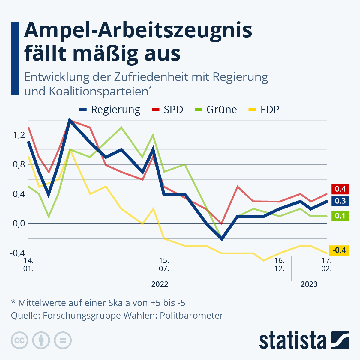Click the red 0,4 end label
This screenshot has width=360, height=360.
point(340,189)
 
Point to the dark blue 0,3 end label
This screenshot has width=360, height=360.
point(340,201)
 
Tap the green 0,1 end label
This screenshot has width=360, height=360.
point(340,216)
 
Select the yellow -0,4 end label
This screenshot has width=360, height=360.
point(339,250)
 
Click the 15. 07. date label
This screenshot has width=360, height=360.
point(164,264)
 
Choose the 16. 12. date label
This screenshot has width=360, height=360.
point(280,264)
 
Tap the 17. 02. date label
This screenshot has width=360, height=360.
point(326,264)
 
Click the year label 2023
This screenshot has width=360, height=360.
point(309,284)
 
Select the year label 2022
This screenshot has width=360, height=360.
point(160,284)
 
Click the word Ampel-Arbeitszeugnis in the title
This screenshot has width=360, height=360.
point(138,31)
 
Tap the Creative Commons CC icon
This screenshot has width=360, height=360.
point(20,340)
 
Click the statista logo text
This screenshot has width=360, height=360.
point(293,341)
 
